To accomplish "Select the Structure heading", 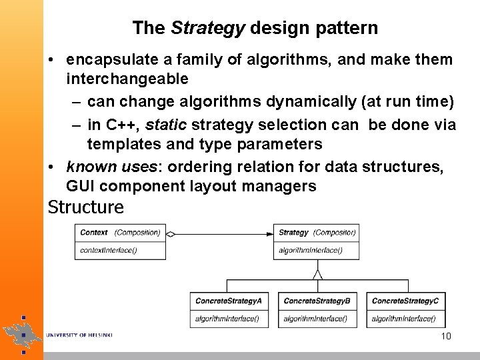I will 85,207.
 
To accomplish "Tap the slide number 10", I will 446,336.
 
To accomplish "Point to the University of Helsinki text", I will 79,335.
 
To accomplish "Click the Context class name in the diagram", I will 94,233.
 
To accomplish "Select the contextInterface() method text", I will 108,251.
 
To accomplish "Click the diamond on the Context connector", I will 171,234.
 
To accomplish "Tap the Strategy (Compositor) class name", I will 317,233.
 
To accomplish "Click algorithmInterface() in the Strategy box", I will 310,251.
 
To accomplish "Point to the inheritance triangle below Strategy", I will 317,273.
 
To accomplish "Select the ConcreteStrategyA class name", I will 228,301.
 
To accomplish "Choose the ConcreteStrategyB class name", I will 317,301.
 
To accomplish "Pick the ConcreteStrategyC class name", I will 405,301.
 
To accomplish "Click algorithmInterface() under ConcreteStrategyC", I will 403,319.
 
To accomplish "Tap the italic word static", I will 165,125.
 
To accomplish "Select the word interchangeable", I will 127,79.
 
